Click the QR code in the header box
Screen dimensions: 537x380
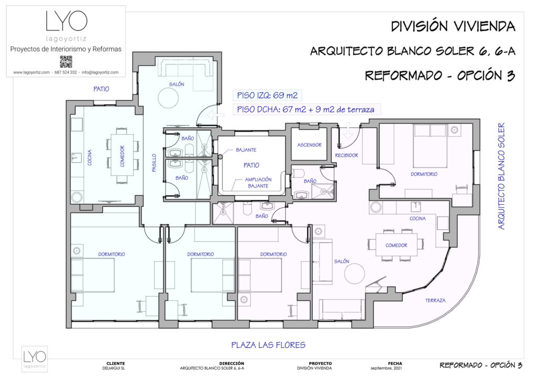tap(66, 61)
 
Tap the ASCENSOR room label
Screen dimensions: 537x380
tap(309, 145)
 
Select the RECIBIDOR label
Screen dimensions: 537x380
tap(346, 155)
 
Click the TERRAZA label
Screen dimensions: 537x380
tap(435, 300)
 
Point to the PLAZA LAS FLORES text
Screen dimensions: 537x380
tap(268, 345)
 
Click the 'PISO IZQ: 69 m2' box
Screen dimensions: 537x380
tap(267, 96)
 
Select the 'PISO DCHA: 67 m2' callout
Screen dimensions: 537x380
tap(306, 109)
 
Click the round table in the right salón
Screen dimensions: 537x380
tap(352, 274)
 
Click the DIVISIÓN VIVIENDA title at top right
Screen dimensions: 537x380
tap(453, 26)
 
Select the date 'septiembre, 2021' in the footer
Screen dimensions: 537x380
tap(395, 368)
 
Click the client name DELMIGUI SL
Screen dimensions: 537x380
tap(115, 368)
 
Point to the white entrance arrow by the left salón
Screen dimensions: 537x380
tap(214, 115)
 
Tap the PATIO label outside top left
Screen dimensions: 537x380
tap(101, 89)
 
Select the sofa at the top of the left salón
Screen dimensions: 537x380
tap(186, 68)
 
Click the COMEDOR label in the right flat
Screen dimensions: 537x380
tap(396, 245)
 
